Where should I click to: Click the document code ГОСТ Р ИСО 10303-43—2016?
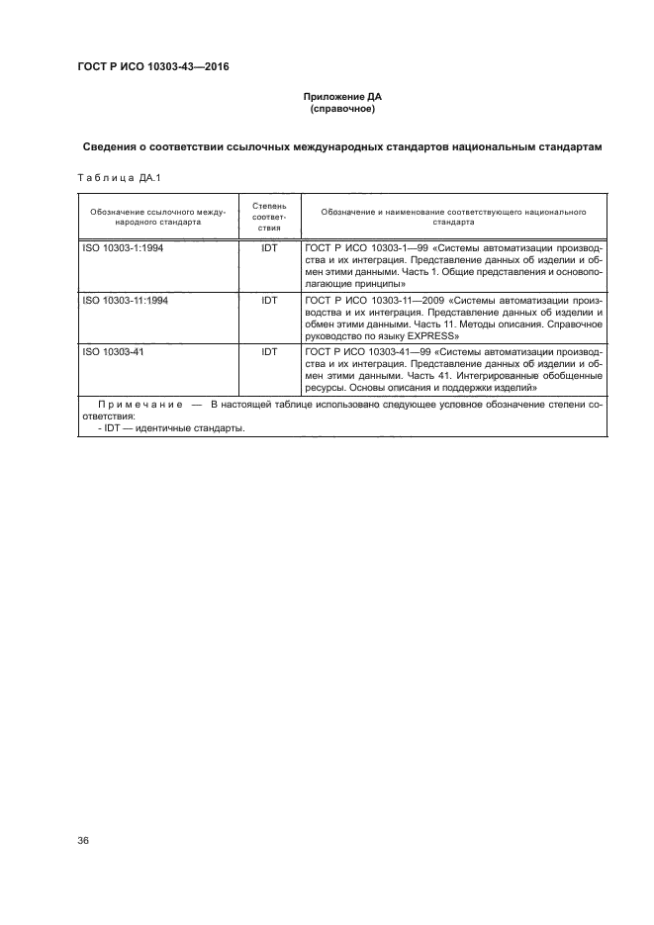click(x=146, y=67)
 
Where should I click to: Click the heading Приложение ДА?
click(x=340, y=97)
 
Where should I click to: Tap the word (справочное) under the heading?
click(x=340, y=109)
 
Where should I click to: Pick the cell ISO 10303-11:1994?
click(x=127, y=301)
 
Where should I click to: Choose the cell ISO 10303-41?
click(x=114, y=352)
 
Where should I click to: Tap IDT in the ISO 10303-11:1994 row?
click(x=269, y=301)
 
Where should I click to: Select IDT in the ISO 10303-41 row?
click(x=269, y=352)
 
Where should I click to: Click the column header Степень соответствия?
click(x=269, y=217)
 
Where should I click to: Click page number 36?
click(x=84, y=840)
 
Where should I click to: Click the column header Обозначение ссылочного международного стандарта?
click(x=158, y=217)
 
